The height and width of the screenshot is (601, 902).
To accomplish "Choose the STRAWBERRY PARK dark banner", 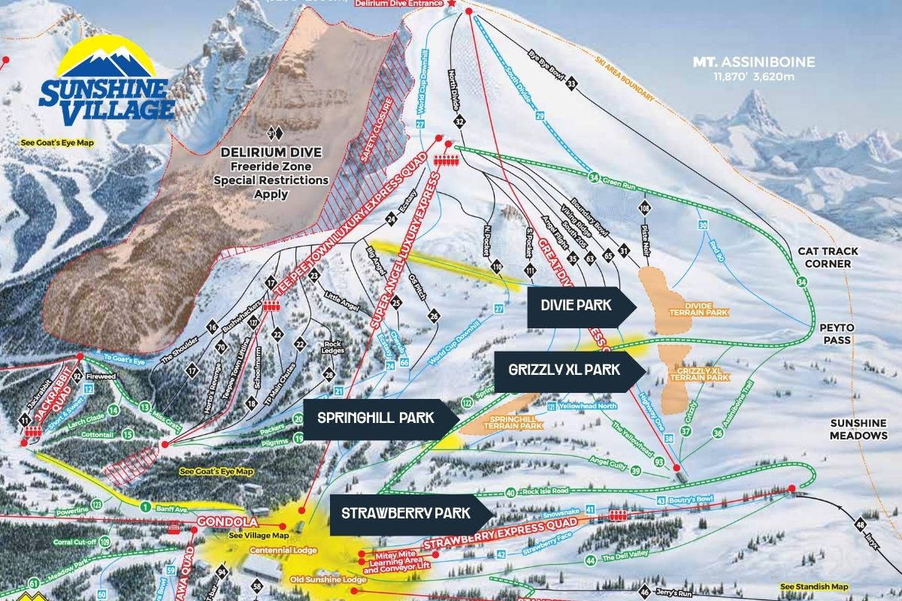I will click(x=407, y=513).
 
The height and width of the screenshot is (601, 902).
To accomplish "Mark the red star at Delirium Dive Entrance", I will click(x=452, y=5).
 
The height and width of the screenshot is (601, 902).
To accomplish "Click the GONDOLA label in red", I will click(x=229, y=521).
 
